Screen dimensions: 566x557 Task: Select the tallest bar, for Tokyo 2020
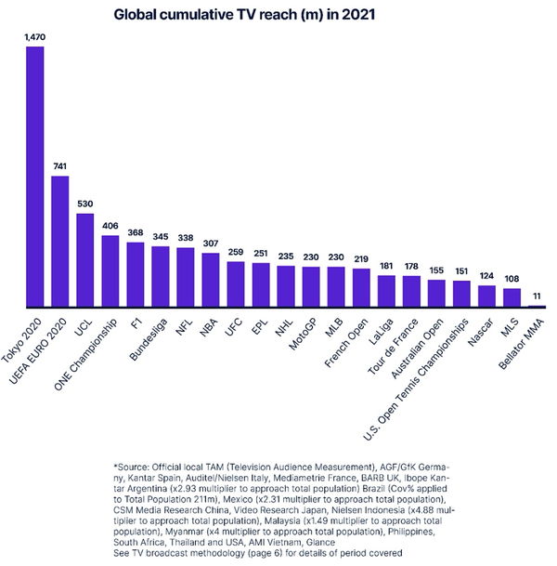pyautogui.click(x=34, y=177)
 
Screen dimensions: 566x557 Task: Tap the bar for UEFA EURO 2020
pyautogui.click(x=59, y=241)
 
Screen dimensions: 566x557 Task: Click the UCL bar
pyautogui.click(x=84, y=260)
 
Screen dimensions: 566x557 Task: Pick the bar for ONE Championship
pyautogui.click(x=110, y=271)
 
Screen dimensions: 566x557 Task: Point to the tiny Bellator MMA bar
pyautogui.click(x=537, y=306)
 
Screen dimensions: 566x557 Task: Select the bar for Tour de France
pyautogui.click(x=411, y=291)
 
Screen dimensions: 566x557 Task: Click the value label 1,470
pyautogui.click(x=34, y=36)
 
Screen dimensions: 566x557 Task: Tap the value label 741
pyautogui.click(x=59, y=166)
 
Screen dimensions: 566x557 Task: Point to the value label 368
pyautogui.click(x=135, y=233)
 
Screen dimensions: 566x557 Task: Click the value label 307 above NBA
pyautogui.click(x=210, y=244)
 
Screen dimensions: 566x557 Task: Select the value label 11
pyautogui.click(x=537, y=296)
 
